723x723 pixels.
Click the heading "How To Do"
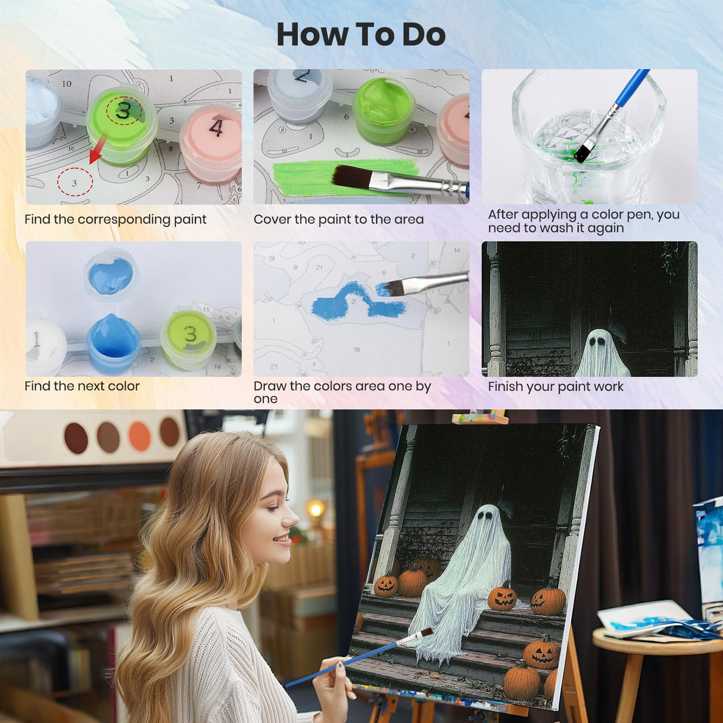point(361,35)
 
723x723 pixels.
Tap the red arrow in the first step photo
point(98,149)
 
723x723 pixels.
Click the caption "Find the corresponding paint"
point(116,220)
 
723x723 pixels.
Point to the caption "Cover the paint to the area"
point(338,220)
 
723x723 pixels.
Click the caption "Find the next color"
point(82,386)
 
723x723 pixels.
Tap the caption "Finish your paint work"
point(555,387)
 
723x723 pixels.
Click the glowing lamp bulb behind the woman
point(316,509)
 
